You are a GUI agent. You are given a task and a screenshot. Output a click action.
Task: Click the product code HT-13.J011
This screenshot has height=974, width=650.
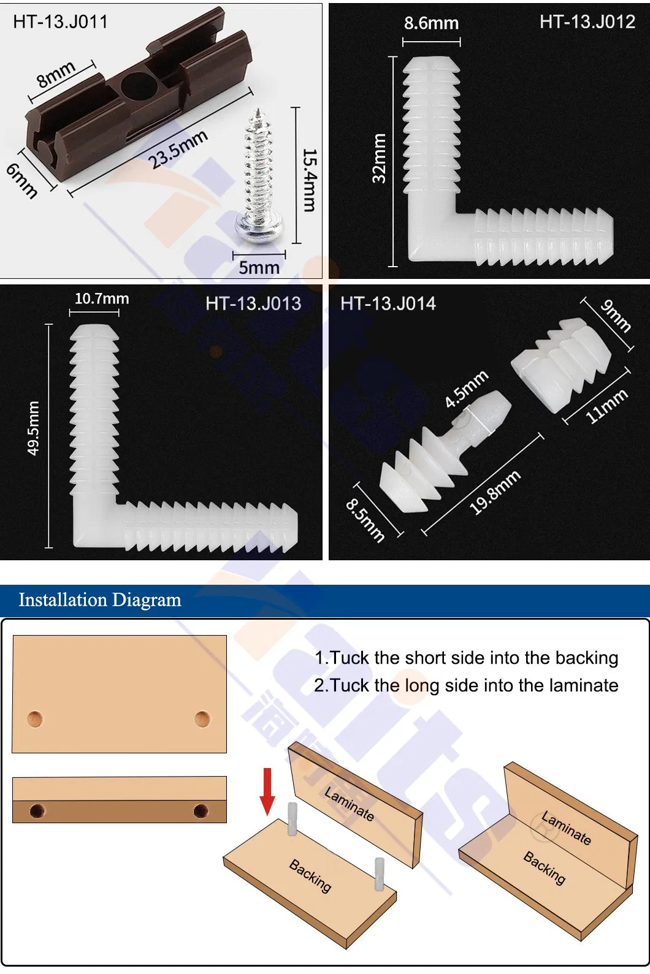point(60,22)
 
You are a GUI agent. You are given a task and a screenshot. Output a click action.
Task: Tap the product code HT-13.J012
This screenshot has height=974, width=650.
point(587,22)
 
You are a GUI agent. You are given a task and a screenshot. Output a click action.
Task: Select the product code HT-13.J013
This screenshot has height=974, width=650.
point(253,303)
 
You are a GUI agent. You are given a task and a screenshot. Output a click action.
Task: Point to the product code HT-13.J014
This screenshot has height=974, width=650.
point(388,303)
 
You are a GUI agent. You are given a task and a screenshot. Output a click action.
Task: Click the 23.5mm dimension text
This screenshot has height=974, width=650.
point(178,150)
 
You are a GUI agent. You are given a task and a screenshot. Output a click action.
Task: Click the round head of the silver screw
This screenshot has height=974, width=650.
point(259,228)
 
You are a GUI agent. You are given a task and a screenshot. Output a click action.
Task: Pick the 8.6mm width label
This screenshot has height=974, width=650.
point(431,23)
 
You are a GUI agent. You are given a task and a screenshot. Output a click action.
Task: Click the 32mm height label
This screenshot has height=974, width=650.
point(379,158)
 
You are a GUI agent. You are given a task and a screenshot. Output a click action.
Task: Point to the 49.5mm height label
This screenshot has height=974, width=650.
point(33,428)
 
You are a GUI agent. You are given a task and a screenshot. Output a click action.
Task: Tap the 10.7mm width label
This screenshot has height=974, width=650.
point(102,299)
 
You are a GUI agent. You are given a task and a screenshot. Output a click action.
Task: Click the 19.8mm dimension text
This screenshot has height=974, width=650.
point(494,492)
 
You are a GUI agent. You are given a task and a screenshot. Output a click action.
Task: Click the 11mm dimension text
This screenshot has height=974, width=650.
point(606,406)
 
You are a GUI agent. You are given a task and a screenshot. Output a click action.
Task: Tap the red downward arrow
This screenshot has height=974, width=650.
point(267,791)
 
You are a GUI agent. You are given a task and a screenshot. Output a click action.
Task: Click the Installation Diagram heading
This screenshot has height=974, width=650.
point(100,599)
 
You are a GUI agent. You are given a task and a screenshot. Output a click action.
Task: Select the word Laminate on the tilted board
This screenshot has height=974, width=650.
point(349,804)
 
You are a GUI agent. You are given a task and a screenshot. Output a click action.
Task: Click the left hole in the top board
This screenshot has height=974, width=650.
point(35,719)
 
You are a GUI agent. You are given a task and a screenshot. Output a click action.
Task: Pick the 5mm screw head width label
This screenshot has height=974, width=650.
point(259,267)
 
